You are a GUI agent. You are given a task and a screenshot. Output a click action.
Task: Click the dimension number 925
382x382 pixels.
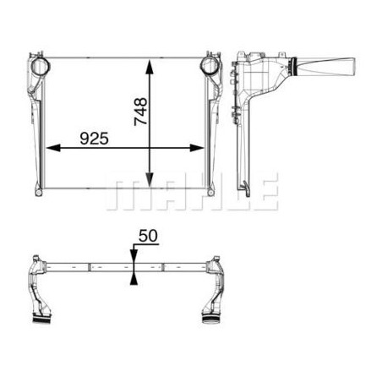pos(94,139)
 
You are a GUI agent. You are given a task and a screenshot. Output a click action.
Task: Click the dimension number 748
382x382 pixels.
pos(140,112)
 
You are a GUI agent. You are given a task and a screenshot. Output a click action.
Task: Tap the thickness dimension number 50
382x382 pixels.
pos(148,236)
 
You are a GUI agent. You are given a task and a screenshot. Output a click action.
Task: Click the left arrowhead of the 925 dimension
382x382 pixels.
pos(53,148)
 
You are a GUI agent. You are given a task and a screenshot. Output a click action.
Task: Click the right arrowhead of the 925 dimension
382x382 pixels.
pos(197,148)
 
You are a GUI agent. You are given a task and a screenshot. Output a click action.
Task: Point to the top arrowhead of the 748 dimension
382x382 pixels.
pos(150,67)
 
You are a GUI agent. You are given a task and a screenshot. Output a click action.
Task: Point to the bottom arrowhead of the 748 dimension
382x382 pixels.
pos(150,180)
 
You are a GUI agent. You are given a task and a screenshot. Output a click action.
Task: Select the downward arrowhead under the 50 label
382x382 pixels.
pos(134,256)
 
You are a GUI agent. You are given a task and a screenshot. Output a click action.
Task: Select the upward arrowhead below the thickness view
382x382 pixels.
pos(134,278)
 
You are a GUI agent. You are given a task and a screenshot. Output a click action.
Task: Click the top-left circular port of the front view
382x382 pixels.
pos(41,66)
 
